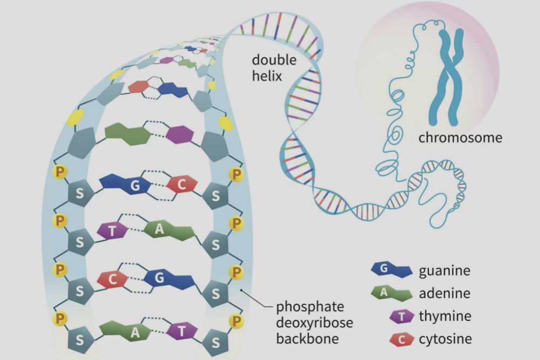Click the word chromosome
pos(460,138)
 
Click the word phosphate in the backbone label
pos(310,307)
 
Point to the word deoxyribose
pos(315,323)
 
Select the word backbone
pos(307,339)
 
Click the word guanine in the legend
pos(444,270)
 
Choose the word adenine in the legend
pos(444,293)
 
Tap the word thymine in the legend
pos(444,316)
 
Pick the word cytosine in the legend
pos(446,339)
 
